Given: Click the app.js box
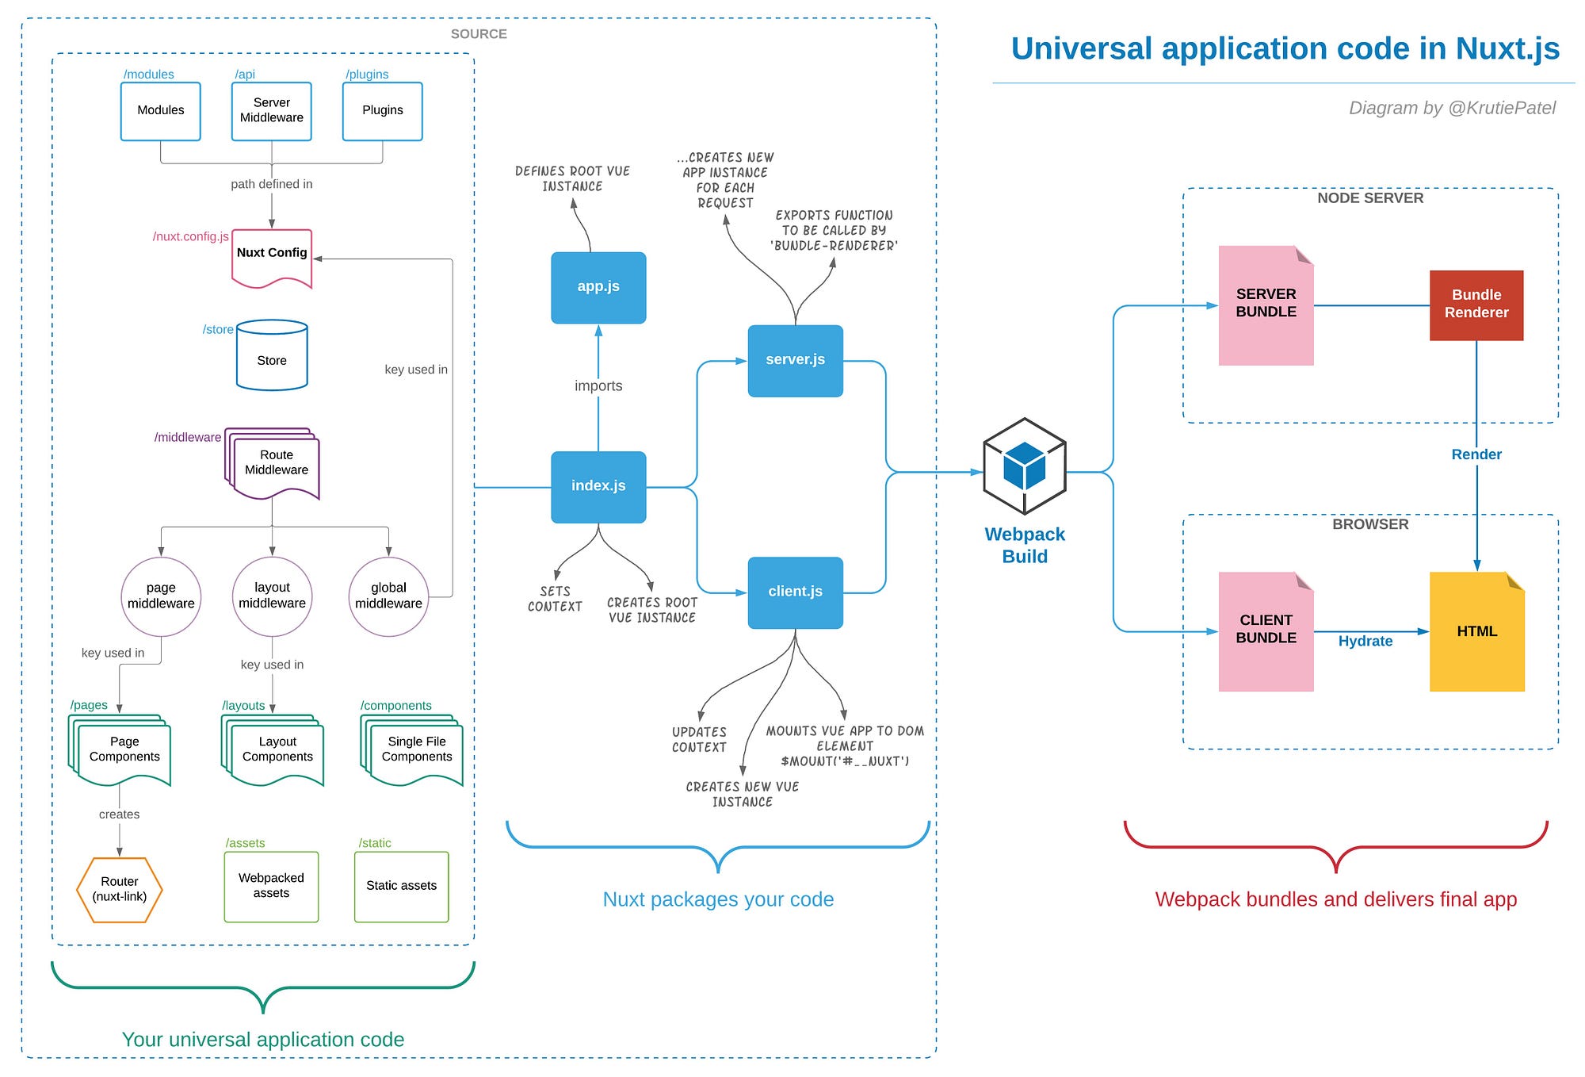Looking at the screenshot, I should point(598,287).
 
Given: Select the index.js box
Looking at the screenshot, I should point(598,486).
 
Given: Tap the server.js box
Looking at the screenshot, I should point(795,360).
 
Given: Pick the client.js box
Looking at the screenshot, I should point(795,592).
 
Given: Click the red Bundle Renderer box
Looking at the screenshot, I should point(1476,305).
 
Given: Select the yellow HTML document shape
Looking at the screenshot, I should point(1476,631).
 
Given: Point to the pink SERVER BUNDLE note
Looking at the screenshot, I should point(1266,305).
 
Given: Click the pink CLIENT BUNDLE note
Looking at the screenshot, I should point(1266,630).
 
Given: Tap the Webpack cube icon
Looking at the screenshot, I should point(1024,466).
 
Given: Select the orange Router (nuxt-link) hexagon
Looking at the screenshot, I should point(120,889).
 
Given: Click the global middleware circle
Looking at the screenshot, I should point(388,596).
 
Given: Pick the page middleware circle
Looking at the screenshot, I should point(161,596).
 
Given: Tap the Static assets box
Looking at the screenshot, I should point(401,886).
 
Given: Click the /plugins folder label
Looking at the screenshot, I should point(367,75).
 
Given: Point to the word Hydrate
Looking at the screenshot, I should point(1365,641).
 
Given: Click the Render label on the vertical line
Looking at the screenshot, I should point(1476,454).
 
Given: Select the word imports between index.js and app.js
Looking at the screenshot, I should point(598,386).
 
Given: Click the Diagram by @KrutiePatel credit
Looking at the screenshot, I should point(1452,108).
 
